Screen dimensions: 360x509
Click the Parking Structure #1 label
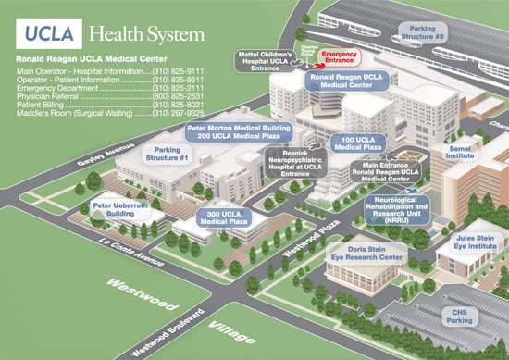168,153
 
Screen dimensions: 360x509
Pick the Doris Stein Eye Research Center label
375,256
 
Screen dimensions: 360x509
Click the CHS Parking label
460,317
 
